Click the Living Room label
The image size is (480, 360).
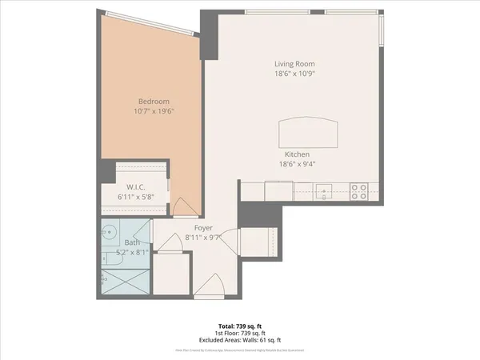click(x=294, y=64)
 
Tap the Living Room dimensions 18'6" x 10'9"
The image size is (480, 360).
click(x=294, y=74)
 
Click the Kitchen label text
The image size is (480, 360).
click(x=294, y=154)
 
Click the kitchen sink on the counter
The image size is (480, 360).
click(x=323, y=191)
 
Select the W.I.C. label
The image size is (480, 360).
click(x=134, y=188)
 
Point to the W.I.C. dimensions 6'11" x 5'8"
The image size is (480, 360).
click(x=134, y=198)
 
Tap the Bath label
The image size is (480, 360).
click(x=132, y=242)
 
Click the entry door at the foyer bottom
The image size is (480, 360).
click(x=213, y=286)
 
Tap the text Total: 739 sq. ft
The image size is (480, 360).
click(x=239, y=326)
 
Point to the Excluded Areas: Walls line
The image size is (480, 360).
click(x=239, y=341)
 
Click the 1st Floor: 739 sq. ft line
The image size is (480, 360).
click(x=239, y=334)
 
